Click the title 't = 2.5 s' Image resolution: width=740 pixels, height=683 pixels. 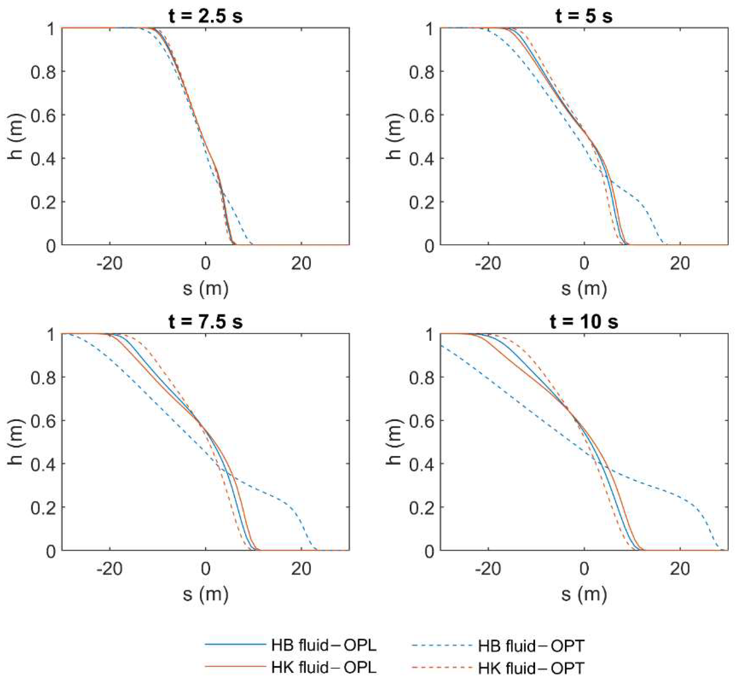tap(205, 17)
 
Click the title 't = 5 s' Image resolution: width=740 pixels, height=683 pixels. tap(584, 17)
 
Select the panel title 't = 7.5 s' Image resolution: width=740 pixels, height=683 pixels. tap(205, 322)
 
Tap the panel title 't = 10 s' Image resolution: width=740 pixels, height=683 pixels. tap(584, 322)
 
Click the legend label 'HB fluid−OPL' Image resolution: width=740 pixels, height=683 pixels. tap(324, 645)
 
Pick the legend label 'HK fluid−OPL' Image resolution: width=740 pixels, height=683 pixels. tap(324, 667)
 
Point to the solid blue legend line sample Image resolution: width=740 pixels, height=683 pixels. tap(235, 644)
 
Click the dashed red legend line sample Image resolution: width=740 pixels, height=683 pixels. tap(442, 667)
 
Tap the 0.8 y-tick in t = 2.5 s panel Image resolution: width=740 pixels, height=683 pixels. tap(43, 72)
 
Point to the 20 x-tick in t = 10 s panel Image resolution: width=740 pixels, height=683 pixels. tap(680, 569)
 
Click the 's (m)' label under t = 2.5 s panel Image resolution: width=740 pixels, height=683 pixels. tap(205, 289)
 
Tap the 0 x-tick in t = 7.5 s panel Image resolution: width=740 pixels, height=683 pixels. tap(205, 569)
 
